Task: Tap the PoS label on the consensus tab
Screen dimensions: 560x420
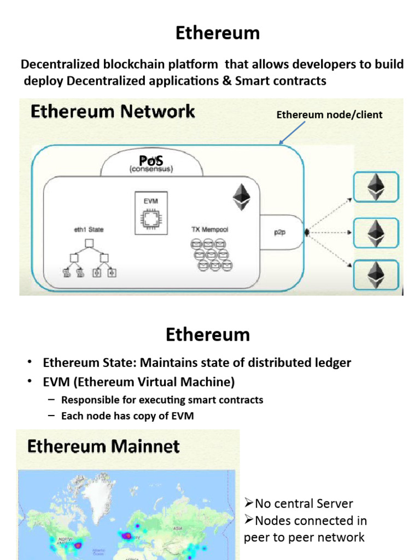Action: click(x=151, y=161)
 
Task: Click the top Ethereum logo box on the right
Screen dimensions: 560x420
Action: click(x=376, y=187)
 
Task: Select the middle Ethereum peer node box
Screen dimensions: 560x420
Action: click(x=376, y=232)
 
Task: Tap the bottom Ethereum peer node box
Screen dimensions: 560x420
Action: click(x=376, y=275)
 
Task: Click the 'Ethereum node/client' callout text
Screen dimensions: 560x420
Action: click(x=329, y=115)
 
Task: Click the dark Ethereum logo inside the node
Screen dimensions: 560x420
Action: click(x=241, y=196)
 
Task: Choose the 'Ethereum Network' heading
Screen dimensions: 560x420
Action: click(x=113, y=112)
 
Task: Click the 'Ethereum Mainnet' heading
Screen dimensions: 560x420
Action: click(x=103, y=446)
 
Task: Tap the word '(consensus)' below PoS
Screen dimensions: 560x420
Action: click(x=151, y=170)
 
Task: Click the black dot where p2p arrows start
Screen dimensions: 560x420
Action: click(x=307, y=232)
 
